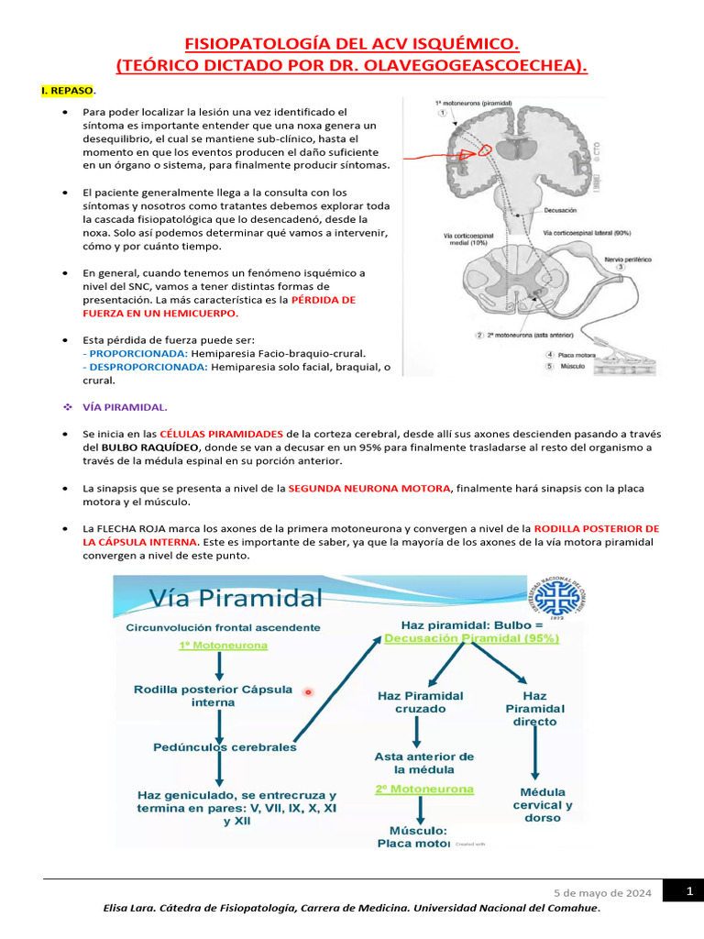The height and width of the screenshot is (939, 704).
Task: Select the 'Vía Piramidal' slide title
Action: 236,599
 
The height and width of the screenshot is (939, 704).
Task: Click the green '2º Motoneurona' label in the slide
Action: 424,789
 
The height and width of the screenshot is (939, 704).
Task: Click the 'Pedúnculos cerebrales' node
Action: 225,747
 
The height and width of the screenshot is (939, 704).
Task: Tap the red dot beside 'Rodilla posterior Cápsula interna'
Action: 308,692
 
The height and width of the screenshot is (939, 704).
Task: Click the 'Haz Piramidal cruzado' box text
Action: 421,702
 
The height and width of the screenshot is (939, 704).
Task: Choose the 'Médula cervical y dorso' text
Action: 543,804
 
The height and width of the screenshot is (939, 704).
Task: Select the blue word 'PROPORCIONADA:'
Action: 135,353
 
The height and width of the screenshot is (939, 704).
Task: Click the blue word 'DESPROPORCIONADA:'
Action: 145,367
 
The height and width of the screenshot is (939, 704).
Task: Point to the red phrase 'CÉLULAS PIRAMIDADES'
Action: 221,433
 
